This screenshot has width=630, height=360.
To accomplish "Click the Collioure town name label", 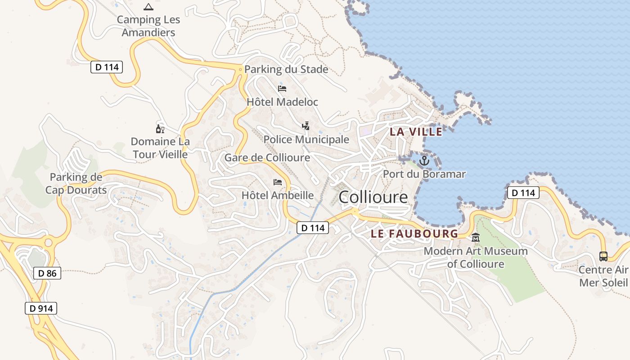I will (373, 197).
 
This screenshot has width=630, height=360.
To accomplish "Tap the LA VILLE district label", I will (416, 131).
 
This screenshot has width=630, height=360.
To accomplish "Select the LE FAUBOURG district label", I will (414, 234).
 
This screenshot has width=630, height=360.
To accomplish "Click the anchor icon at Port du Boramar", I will (424, 160).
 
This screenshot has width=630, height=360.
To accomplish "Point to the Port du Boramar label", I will (424, 174).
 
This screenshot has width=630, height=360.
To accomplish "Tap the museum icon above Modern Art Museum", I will (476, 238).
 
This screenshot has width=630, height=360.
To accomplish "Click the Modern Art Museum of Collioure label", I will (476, 257).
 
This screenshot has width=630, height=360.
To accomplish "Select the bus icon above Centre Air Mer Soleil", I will (603, 256).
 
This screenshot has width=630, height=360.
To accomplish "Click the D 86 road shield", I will (47, 273).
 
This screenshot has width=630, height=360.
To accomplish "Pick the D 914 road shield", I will (41, 308).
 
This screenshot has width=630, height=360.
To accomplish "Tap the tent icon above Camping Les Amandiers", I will (148, 7).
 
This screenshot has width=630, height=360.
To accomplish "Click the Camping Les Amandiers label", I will (148, 26).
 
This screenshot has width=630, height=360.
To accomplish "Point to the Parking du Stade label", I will (286, 70).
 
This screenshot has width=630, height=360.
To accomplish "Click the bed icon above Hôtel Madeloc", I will (282, 88).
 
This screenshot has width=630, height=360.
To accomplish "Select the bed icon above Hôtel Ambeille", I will (278, 182).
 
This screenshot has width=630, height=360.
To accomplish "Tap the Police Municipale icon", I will (306, 126).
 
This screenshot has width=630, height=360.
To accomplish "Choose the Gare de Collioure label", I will (267, 157).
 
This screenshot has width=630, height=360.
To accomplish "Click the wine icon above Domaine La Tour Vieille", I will (160, 129).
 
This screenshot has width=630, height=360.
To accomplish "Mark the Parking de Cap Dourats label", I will (76, 184).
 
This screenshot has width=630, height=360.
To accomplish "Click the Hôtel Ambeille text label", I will (278, 195).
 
